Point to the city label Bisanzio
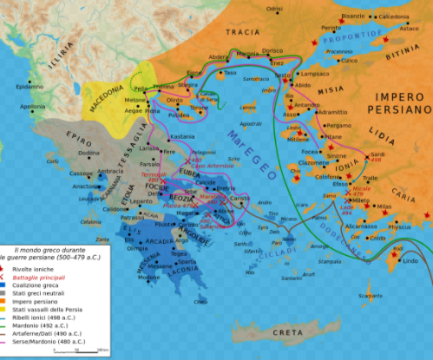click(355, 15)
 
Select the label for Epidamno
click(28, 87)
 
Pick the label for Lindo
click(410, 260)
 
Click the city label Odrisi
click(275, 8)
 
